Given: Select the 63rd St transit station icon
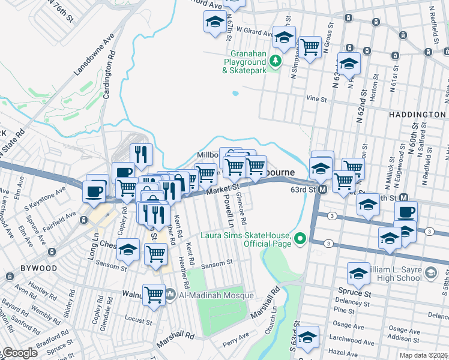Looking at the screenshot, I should pyautogui.click(x=322, y=190).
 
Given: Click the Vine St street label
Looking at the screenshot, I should pyautogui.click(x=316, y=98).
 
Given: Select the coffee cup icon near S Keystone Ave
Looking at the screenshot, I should pyautogui.click(x=96, y=191).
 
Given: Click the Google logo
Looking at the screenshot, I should pyautogui.click(x=19, y=353).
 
